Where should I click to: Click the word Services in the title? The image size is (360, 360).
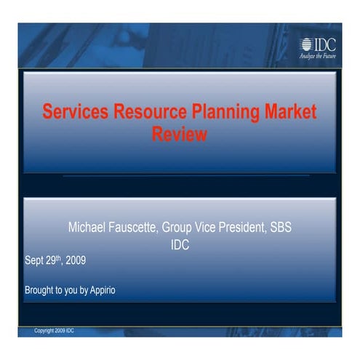[73, 113]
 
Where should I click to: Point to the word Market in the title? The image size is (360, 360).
[291, 113]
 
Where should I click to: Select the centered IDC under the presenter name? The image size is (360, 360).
[180, 245]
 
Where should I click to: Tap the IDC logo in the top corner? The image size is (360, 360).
[317, 43]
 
